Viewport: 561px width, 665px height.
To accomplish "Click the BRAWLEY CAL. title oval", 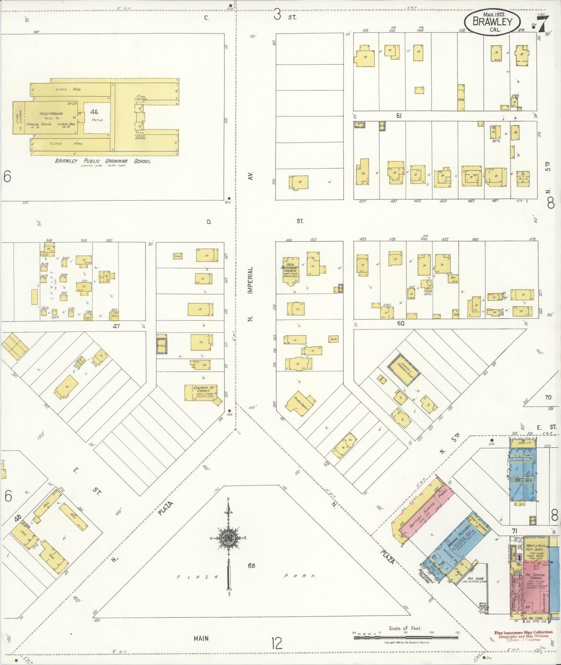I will (x=492, y=22).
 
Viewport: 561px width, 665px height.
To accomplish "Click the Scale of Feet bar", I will (x=406, y=637).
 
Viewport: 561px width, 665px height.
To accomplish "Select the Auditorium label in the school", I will (x=51, y=114).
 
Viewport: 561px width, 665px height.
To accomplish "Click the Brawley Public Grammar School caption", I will (x=102, y=161).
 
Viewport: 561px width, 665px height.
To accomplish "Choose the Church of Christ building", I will (x=201, y=393).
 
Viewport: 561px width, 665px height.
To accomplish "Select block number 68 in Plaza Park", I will (x=252, y=565).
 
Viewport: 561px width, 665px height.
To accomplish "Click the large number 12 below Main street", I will (x=277, y=644).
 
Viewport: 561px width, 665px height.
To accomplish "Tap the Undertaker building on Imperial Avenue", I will (x=300, y=403).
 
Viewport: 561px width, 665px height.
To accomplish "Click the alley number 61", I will (x=399, y=116).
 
